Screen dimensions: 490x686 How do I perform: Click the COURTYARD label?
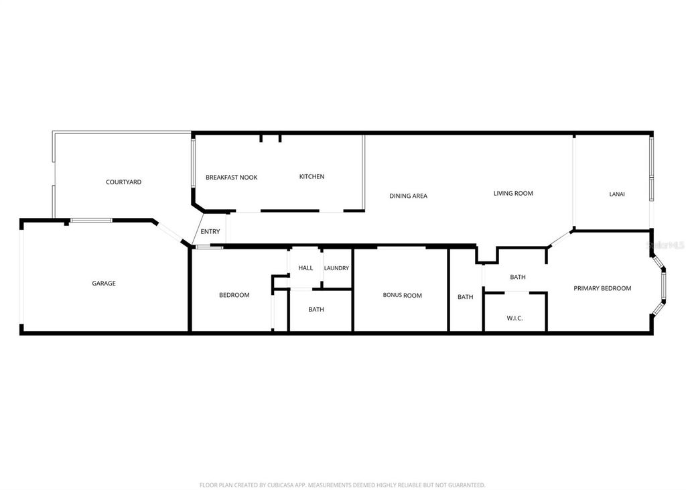point(123,182)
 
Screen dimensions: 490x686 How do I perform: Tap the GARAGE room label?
point(104,284)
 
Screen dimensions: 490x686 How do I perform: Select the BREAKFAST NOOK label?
point(231,178)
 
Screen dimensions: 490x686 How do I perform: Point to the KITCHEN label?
point(312,177)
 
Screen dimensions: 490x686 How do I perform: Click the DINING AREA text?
point(408,196)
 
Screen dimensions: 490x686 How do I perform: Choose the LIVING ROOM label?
point(513,194)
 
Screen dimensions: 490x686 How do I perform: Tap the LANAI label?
point(617,194)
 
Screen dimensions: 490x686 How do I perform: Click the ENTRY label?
point(210,232)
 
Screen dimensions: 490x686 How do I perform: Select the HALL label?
point(305,268)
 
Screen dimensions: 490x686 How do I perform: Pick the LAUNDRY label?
point(336,268)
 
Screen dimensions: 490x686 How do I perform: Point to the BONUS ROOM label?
point(402,296)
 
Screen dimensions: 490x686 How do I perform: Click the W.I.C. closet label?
point(514,318)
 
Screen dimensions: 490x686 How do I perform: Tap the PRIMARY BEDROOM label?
point(602,289)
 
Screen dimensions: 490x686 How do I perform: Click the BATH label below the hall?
point(316,310)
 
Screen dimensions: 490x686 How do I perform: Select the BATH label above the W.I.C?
point(517,278)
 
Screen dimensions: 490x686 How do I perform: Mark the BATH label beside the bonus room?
point(465,297)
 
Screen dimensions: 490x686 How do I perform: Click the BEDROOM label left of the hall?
point(234,296)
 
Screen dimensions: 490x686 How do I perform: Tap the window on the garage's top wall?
point(92,220)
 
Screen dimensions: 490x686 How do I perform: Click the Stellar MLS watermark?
point(665,246)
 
